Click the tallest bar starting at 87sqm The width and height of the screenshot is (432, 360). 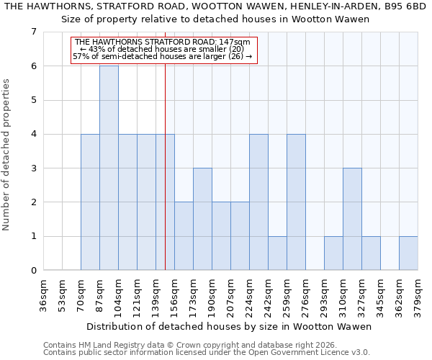pos(109,168)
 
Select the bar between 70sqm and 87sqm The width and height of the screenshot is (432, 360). pos(90,202)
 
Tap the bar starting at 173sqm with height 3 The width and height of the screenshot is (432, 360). pos(202,219)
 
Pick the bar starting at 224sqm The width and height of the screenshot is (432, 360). pos(258,202)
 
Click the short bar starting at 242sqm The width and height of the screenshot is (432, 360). pos(277,253)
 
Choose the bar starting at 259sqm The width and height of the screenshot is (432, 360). pos(296,202)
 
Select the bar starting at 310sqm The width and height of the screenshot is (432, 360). pos(352,219)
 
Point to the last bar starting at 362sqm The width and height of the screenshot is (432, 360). pos(408,253)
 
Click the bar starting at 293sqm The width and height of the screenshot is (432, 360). pos(333,253)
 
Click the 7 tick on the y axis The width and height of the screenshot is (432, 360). pos(33,32)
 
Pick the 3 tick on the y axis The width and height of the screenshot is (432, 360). pos(33,168)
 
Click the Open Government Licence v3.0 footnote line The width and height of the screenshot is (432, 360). pos(207,353)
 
